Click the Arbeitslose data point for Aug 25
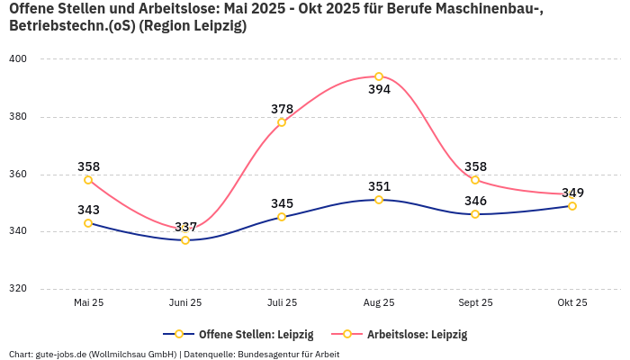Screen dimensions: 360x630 379,76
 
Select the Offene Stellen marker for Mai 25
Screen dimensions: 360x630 88,223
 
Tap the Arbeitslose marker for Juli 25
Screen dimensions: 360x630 282,122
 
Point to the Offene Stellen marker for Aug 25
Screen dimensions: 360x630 379,200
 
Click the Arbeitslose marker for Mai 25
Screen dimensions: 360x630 88,180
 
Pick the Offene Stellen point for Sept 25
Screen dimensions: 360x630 475,214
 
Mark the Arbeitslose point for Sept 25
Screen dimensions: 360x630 475,180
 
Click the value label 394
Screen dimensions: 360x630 379,90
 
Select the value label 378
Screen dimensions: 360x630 282,109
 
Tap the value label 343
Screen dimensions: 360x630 88,210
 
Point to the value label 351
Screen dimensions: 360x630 379,186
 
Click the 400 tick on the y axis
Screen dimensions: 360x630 18,59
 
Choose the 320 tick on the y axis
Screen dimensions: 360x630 18,289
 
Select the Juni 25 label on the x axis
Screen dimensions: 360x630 185,303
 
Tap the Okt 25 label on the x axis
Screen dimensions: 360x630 572,303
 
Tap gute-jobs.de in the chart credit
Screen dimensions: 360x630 58,355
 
